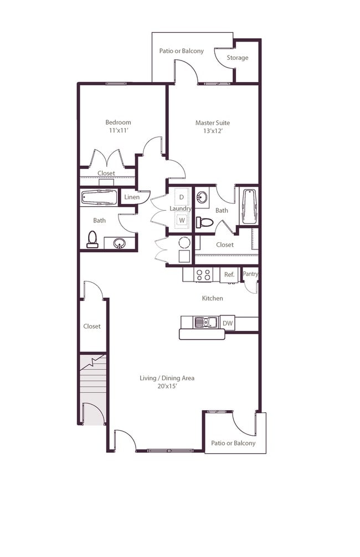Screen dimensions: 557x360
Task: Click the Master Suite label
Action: (212, 123)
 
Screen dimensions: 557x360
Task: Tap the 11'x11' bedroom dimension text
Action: (119, 131)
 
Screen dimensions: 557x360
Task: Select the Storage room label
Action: (238, 58)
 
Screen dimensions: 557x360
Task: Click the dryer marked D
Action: (181, 197)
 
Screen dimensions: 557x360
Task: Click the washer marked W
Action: (181, 221)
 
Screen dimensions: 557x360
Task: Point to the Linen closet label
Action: (131, 197)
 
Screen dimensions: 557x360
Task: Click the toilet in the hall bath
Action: (92, 239)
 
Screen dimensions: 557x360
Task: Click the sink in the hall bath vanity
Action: (119, 242)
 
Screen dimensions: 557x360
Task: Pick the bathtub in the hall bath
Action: (99, 197)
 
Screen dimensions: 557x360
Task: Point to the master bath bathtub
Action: (248, 206)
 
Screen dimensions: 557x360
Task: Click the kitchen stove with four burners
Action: (203, 274)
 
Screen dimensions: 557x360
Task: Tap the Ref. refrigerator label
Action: (229, 274)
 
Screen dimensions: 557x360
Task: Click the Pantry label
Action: (250, 274)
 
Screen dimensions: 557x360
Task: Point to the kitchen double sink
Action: (205, 322)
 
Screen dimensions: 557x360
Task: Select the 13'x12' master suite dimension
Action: (212, 132)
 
